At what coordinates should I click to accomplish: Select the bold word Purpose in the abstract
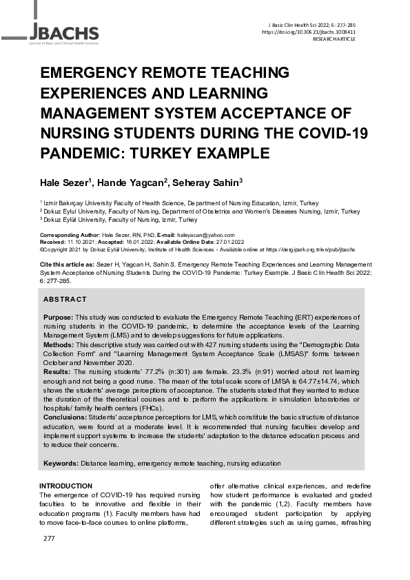(x=58, y=315)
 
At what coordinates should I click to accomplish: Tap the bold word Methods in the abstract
(x=59, y=342)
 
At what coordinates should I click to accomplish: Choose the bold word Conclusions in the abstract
(x=65, y=417)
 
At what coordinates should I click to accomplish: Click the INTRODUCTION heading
(x=65, y=486)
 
